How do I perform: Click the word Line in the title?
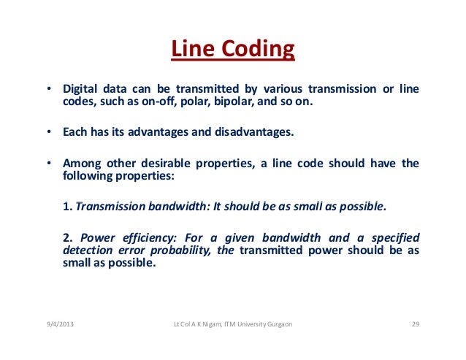point(187,50)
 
